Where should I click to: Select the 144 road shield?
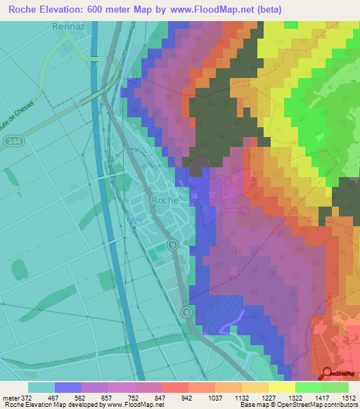11,141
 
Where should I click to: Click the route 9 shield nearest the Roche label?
172,244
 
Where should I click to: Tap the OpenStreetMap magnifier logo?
327,374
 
